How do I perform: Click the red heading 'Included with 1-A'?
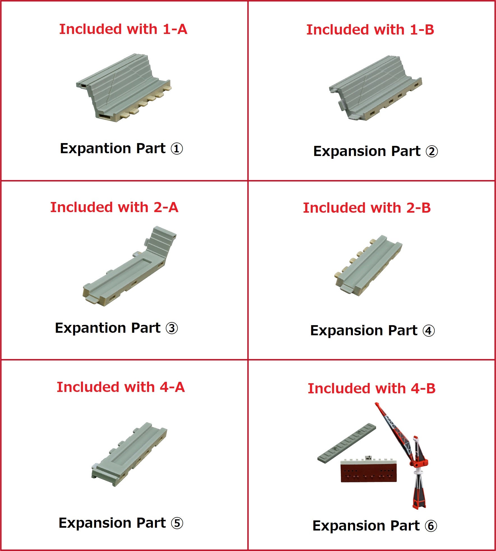click(123, 29)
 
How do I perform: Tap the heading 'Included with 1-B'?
click(370, 30)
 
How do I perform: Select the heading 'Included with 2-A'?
click(114, 207)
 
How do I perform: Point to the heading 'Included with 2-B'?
click(367, 208)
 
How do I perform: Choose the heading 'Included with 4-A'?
click(120, 387)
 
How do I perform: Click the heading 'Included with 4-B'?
click(372, 389)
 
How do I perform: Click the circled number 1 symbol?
click(177, 149)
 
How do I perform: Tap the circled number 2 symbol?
click(432, 151)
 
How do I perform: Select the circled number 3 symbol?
click(172, 328)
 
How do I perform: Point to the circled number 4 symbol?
click(429, 331)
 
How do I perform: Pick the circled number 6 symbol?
click(431, 526)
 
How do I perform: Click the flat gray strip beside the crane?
click(347, 443)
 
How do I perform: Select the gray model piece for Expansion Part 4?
click(368, 265)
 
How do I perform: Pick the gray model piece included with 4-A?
click(129, 454)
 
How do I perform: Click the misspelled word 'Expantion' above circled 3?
click(90, 328)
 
